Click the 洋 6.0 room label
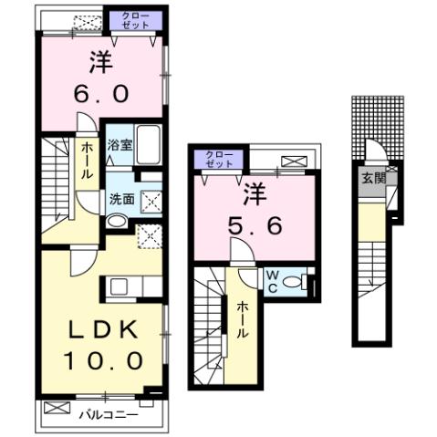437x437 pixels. (x=101, y=78)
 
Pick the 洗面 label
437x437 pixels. (x=120, y=198)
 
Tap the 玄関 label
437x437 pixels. (x=372, y=178)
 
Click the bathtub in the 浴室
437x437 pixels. (x=149, y=144)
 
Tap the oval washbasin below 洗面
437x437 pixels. (x=118, y=222)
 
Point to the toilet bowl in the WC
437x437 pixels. (x=295, y=284)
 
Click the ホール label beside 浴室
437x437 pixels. (x=86, y=160)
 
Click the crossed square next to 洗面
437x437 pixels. (x=150, y=199)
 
